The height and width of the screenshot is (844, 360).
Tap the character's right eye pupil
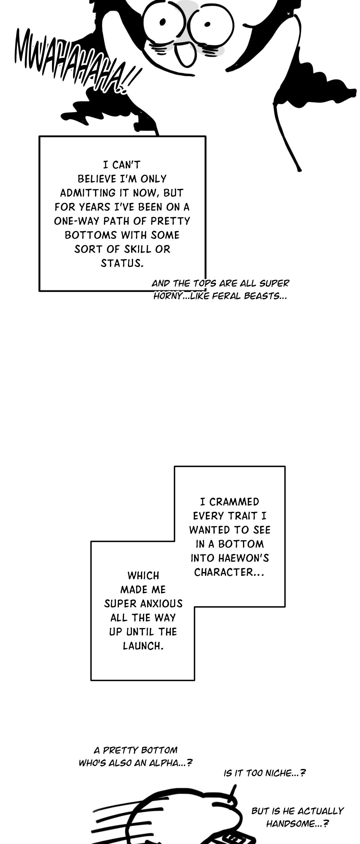tap(207, 24)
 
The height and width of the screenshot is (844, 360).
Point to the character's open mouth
tap(185, 54)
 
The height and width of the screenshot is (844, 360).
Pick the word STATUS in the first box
tap(122, 263)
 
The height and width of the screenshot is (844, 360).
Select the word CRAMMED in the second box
tap(234, 502)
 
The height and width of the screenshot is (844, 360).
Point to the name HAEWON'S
tap(248, 558)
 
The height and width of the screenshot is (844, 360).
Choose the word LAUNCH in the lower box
tap(143, 646)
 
